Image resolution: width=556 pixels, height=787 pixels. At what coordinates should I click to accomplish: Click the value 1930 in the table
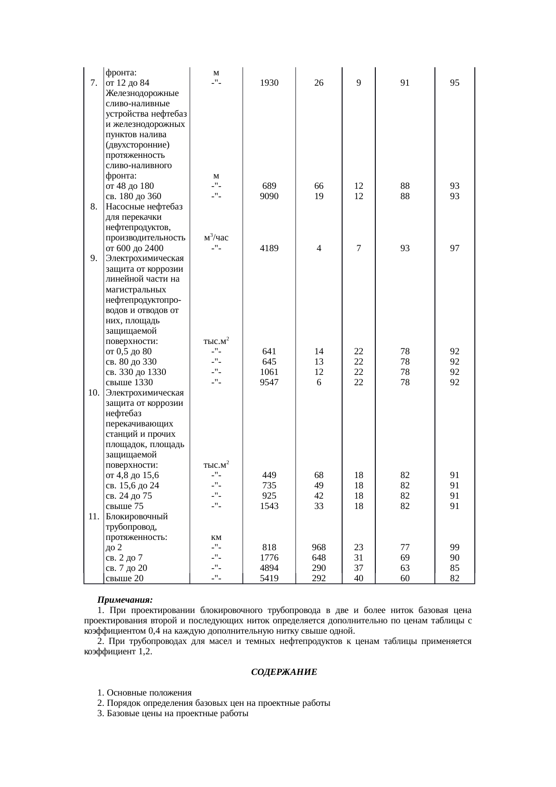(269, 83)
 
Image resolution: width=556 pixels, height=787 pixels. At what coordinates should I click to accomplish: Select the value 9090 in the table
(269, 196)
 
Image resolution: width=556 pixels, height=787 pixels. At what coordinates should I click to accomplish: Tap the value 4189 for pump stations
(269, 248)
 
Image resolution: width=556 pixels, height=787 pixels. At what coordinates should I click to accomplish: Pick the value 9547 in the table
(269, 383)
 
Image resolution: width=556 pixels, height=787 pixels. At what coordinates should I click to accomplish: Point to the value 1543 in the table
(269, 506)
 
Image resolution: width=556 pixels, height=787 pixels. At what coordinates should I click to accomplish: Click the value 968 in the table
(319, 548)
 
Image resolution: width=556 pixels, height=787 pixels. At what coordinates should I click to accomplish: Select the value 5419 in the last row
(269, 578)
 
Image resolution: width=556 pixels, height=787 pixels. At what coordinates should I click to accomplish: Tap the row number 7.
(94, 83)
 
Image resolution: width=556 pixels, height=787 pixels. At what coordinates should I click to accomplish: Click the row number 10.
(94, 393)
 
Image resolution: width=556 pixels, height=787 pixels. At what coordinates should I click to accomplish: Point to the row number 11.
(94, 517)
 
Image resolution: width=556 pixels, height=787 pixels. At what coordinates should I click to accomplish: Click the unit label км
(216, 537)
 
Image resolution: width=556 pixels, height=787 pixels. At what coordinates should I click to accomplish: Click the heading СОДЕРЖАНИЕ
(283, 673)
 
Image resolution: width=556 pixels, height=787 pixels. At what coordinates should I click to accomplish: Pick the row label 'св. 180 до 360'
(133, 196)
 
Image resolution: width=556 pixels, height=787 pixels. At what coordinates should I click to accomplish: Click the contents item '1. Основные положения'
(144, 693)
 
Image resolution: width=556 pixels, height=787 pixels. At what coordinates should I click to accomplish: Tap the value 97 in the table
(455, 248)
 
